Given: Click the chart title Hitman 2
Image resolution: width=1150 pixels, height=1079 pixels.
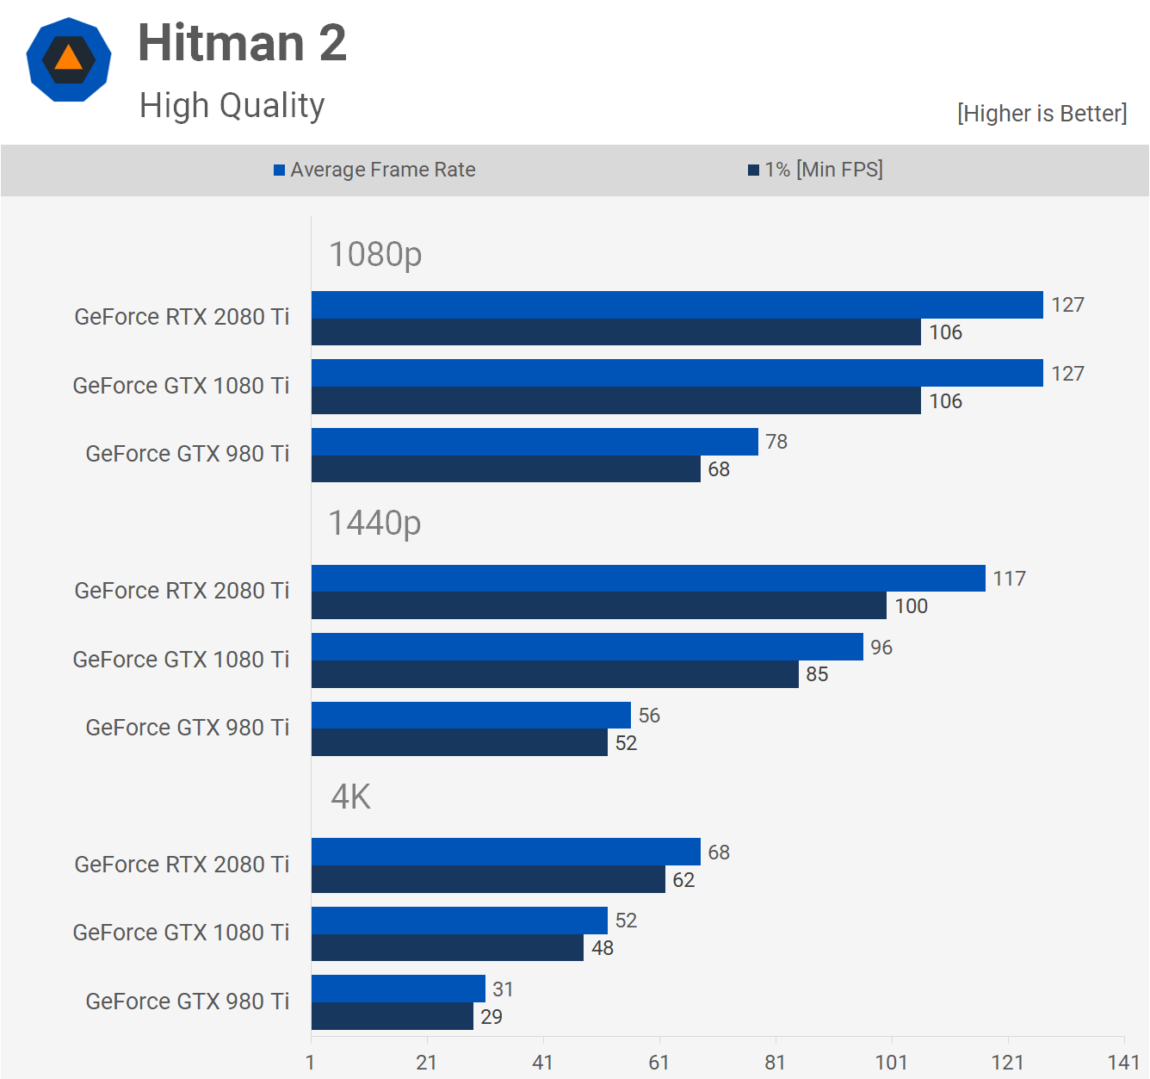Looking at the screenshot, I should (x=242, y=43).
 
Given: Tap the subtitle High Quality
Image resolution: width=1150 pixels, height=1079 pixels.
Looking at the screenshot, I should (x=232, y=106).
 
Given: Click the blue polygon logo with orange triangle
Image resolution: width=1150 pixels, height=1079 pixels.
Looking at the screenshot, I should (x=69, y=59).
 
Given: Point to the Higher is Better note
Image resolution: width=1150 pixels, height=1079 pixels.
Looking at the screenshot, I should (x=1042, y=114).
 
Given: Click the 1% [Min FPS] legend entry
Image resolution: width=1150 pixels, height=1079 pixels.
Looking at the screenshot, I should (x=815, y=170).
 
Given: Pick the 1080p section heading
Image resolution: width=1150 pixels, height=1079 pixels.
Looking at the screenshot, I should (x=375, y=255).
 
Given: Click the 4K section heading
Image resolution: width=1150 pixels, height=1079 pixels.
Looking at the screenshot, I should (x=350, y=797).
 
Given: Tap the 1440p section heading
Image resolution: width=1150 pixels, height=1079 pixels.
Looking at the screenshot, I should (x=374, y=524).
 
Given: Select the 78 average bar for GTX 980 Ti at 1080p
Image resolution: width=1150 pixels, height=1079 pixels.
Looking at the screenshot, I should (x=534, y=442).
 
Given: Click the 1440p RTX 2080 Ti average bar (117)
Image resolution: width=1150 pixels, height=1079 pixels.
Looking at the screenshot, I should (x=647, y=579).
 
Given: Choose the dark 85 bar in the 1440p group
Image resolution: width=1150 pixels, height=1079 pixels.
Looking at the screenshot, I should (x=554, y=674).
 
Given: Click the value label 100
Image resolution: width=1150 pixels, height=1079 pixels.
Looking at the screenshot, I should (x=911, y=606).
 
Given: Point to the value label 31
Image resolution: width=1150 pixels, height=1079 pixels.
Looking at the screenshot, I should (x=503, y=989).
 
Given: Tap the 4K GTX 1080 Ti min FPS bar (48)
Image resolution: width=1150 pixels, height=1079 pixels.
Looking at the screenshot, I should (x=447, y=948).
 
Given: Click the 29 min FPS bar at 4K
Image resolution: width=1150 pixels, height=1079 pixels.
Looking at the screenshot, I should (x=392, y=1016).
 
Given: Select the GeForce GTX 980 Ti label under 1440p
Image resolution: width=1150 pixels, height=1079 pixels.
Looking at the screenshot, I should (x=187, y=728).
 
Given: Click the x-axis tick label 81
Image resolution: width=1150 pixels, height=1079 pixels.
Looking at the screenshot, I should (x=775, y=1063).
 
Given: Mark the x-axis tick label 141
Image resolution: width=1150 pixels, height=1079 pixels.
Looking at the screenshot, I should (x=1122, y=1063).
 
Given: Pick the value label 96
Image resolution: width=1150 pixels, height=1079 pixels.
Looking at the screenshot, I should (x=881, y=648).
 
